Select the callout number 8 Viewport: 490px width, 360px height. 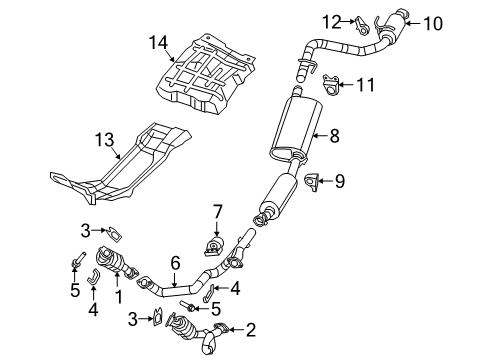click(x=334, y=133)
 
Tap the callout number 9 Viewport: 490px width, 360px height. click(x=339, y=181)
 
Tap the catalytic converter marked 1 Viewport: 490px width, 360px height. click(x=119, y=269)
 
